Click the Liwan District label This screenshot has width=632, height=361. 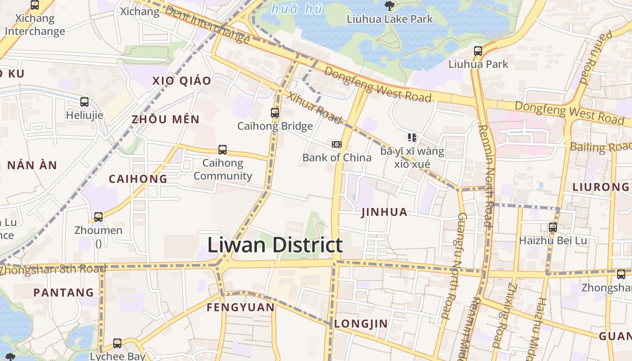[275, 245]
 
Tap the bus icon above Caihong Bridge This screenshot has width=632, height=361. [275, 113]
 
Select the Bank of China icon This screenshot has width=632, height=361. [337, 144]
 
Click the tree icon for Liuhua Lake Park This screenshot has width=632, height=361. [389, 5]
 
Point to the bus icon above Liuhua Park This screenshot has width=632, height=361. [478, 51]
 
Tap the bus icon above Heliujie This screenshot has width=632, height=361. [84, 102]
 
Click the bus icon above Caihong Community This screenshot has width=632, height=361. [223, 150]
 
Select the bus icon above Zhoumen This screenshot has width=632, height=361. [98, 217]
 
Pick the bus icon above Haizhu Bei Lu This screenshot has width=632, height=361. [553, 227]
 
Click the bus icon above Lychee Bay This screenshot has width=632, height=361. [117, 343]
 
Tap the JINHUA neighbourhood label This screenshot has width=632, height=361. [385, 212]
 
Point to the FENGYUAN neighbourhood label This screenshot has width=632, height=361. [241, 308]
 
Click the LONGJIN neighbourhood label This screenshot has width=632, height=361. [361, 324]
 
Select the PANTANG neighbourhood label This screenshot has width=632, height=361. [64, 292]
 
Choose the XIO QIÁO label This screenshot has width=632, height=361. [181, 81]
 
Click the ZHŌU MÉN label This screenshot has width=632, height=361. [165, 120]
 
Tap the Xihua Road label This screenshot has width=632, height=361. [315, 108]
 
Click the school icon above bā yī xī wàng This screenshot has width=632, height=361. [412, 137]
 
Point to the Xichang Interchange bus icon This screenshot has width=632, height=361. [35, 5]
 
